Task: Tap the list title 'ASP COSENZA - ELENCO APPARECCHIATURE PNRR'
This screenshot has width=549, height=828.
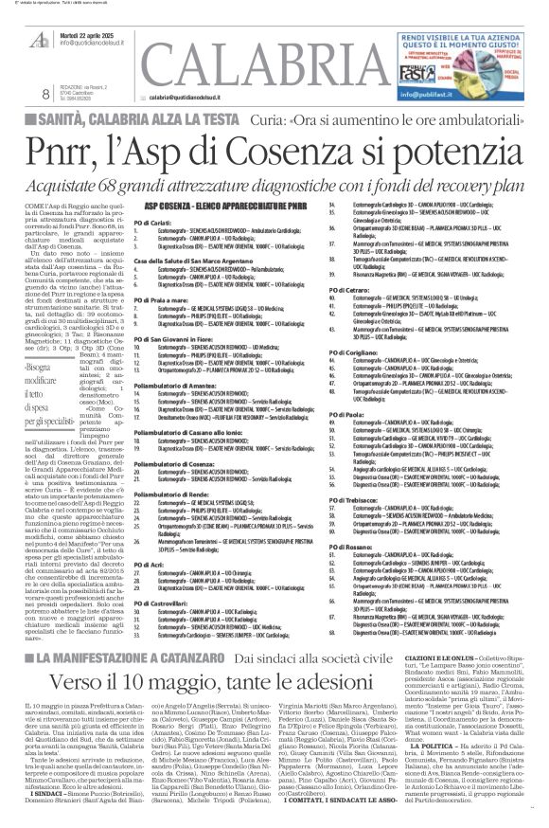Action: click(x=198, y=206)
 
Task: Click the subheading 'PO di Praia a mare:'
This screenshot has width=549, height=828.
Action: click(x=160, y=301)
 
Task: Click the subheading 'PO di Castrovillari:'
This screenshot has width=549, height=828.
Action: click(x=166, y=603)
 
